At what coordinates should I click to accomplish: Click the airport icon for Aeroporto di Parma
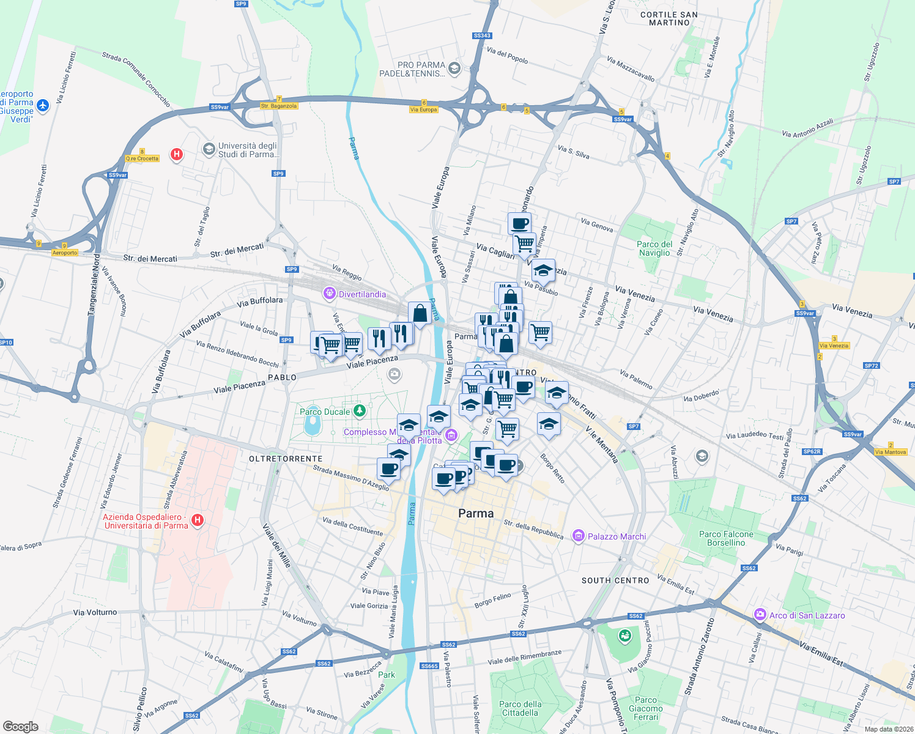click(x=42, y=106)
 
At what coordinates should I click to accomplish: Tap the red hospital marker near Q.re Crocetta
click(x=177, y=154)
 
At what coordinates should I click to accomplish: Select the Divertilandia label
click(x=362, y=294)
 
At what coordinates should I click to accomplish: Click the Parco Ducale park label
click(x=325, y=412)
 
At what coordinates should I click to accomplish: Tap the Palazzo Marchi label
click(x=617, y=536)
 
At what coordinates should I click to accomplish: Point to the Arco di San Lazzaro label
click(x=807, y=615)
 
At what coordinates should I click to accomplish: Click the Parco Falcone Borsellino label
click(x=726, y=538)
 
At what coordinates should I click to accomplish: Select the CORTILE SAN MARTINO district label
click(x=669, y=18)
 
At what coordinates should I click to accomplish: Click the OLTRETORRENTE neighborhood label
click(x=286, y=459)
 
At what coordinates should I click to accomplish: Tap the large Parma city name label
click(x=476, y=514)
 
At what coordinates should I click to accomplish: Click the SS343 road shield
click(x=482, y=35)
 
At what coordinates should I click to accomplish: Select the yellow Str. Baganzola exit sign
click(x=279, y=106)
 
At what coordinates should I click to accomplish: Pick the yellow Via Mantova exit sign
click(x=891, y=452)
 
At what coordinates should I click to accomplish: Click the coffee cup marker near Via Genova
click(x=519, y=223)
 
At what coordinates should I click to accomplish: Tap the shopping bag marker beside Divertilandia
click(x=420, y=313)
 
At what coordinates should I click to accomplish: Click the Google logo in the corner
click(x=21, y=727)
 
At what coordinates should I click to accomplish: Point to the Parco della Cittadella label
click(x=520, y=708)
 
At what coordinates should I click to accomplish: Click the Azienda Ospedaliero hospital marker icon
click(x=197, y=520)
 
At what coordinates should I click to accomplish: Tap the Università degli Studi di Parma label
click(x=247, y=150)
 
